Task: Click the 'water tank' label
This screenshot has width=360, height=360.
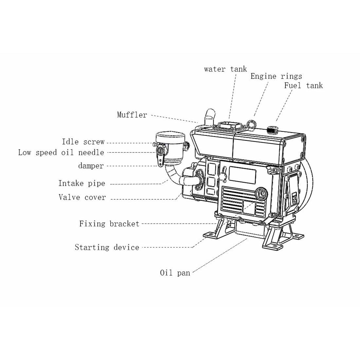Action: (x=225, y=69)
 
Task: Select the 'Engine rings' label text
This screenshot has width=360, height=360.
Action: (x=276, y=77)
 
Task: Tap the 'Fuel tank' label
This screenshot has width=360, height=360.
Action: (x=303, y=86)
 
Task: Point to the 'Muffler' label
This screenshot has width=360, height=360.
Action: (x=132, y=115)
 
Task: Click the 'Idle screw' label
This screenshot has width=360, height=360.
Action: (x=83, y=142)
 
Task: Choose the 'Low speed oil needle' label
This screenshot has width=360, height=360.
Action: (x=61, y=153)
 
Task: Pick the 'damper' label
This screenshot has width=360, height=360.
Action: (x=91, y=166)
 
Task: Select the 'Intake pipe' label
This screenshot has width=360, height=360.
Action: (x=82, y=183)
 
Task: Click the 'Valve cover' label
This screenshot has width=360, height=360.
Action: (x=82, y=197)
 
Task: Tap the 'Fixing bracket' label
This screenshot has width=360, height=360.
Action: (x=109, y=224)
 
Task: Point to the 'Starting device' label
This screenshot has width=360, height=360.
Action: (x=107, y=247)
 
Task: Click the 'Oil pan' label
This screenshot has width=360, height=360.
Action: (x=175, y=273)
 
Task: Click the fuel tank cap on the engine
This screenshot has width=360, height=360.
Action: (x=271, y=129)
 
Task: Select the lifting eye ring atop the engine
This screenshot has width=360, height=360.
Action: (x=251, y=123)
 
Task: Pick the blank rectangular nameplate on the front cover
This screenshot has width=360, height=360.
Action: (x=243, y=174)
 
